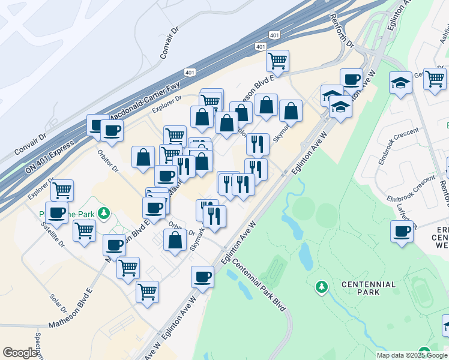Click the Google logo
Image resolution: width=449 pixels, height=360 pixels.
click(x=20, y=353)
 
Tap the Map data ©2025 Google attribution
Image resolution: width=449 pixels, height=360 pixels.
click(x=412, y=355)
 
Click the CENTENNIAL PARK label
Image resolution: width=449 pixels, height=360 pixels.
click(x=369, y=288)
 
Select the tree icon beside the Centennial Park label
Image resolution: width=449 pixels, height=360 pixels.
click(x=322, y=287)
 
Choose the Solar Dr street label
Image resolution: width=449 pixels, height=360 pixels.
click(x=58, y=304)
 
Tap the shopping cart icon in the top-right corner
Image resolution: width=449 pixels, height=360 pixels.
click(x=434, y=79)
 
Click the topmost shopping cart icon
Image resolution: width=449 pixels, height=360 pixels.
click(x=277, y=60)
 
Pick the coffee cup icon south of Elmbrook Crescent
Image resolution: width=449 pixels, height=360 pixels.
click(x=402, y=231)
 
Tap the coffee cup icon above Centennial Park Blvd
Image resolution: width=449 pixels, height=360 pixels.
click(x=203, y=277)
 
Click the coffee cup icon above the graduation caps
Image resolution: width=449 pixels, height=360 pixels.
click(x=351, y=79)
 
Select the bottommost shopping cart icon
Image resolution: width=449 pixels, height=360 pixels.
click(x=147, y=292)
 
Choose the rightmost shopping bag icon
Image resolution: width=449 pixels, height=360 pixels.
click(x=291, y=110)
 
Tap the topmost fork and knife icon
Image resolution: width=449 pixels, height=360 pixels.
click(x=258, y=143)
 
